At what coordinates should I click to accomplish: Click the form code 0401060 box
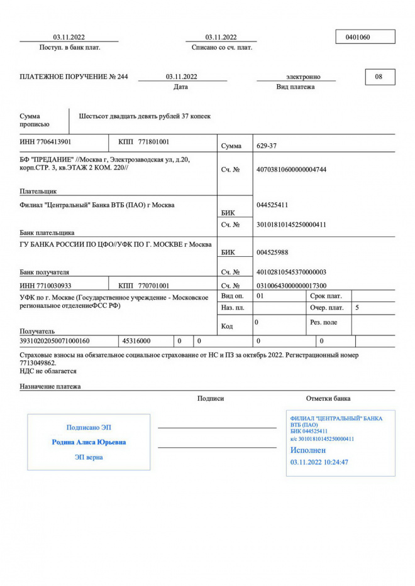(365, 37)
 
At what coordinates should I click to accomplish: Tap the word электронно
(304, 77)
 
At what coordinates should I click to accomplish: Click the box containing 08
(379, 77)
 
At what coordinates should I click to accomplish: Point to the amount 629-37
(267, 146)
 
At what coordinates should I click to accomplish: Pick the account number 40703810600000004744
(292, 170)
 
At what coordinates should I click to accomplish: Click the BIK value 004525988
(273, 252)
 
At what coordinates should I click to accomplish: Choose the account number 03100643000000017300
(292, 285)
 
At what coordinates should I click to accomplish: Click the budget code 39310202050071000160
(55, 341)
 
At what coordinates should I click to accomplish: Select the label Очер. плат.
(327, 308)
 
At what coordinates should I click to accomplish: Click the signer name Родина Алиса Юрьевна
(89, 442)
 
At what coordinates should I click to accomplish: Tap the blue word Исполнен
(308, 450)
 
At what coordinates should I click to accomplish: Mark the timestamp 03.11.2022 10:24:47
(319, 462)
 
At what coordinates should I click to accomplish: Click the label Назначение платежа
(50, 386)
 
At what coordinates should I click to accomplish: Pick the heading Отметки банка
(328, 398)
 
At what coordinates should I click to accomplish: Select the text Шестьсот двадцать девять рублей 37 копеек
(145, 116)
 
